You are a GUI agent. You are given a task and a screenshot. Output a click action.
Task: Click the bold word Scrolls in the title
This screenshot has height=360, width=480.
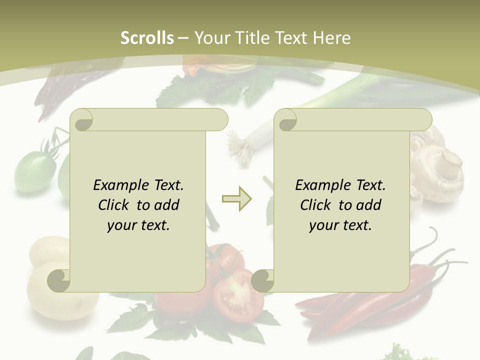pos(147,38)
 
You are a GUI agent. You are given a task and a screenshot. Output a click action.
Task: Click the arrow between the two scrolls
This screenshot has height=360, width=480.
pos(237,199)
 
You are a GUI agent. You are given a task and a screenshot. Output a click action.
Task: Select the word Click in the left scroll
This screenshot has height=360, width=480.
pos(115,205)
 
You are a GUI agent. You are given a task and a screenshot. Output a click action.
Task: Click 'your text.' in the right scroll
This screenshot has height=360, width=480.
pos(340,225)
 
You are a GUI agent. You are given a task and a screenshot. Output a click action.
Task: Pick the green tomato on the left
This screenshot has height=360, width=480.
pos(33,172)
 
